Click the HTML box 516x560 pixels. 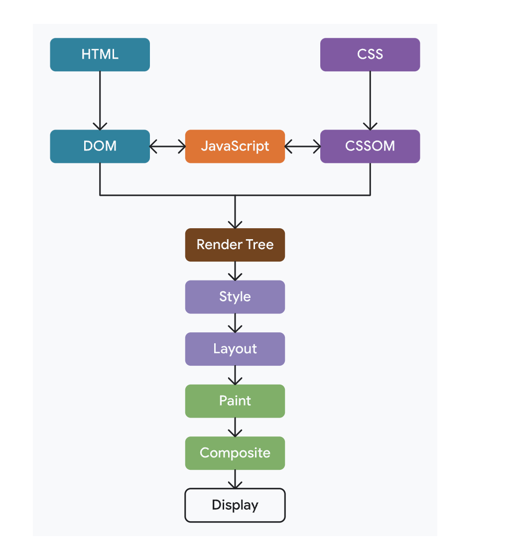click(100, 54)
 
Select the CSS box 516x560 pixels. click(370, 54)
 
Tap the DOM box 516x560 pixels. click(100, 146)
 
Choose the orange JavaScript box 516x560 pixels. click(235, 146)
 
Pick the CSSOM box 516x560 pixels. click(370, 146)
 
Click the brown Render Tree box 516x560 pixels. click(235, 245)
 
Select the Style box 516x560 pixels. click(235, 297)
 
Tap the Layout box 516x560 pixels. click(235, 349)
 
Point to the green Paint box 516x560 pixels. click(235, 401)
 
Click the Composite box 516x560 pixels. click(235, 453)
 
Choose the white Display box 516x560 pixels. click(235, 505)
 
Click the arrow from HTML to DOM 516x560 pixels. click(100, 100)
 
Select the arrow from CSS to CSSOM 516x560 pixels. click(370, 100)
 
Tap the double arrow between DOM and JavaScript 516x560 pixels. click(167, 146)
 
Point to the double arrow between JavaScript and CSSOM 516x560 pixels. click(303, 146)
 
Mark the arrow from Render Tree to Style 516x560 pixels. click(235, 271)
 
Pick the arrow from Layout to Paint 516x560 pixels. click(235, 375)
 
